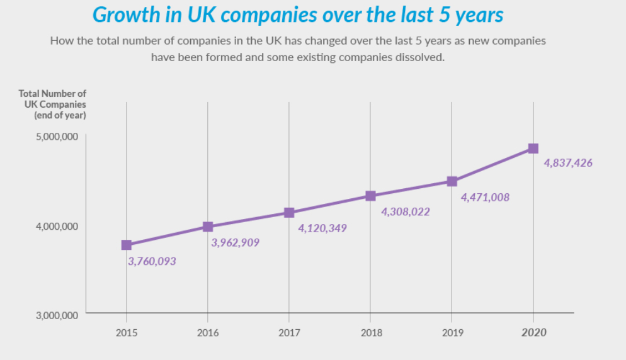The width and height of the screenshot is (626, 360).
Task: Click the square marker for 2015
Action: click(127, 245)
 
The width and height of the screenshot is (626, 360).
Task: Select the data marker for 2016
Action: click(208, 227)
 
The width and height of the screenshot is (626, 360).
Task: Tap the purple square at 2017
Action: click(289, 213)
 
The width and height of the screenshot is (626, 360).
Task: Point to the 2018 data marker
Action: click(370, 196)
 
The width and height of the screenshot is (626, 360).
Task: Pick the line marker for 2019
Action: click(452, 181)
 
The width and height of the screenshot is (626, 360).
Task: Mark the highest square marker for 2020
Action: click(533, 149)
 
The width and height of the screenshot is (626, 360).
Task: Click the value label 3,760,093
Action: click(152, 261)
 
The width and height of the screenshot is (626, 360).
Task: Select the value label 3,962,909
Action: click(236, 242)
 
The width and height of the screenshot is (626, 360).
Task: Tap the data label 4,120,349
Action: click(322, 228)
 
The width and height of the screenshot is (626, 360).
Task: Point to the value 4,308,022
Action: click(406, 212)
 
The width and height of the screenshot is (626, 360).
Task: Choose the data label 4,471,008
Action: click(485, 198)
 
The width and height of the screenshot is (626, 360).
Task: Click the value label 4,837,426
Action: click(568, 163)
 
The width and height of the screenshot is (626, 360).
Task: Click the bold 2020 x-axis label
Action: click(533, 332)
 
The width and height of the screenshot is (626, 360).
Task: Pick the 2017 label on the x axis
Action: click(289, 332)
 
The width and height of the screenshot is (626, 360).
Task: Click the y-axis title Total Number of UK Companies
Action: click(52, 104)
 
